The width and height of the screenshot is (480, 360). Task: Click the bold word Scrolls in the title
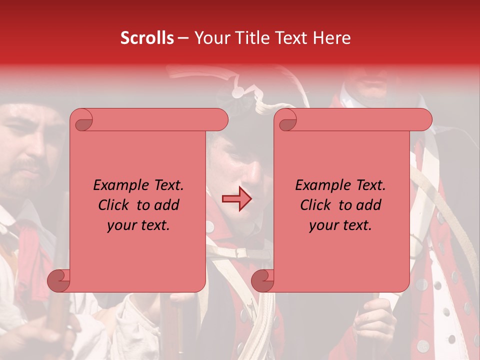pyautogui.click(x=147, y=38)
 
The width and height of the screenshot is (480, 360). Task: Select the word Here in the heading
pyautogui.click(x=331, y=38)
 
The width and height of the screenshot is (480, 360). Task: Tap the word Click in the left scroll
pyautogui.click(x=114, y=205)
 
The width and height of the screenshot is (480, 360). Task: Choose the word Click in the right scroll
pyautogui.click(x=316, y=205)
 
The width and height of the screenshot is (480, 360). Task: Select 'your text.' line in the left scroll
pyautogui.click(x=138, y=225)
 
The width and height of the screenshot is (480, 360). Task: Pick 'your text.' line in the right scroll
pyautogui.click(x=340, y=225)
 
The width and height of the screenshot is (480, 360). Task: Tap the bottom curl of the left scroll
pyautogui.click(x=59, y=280)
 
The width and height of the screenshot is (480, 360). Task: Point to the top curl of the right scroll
pyautogui.click(x=287, y=120)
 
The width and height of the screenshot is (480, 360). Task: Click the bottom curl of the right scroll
pyautogui.click(x=263, y=280)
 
